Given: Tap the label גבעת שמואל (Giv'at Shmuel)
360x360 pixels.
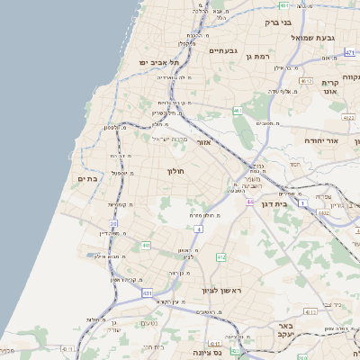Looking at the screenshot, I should pyautogui.click(x=314, y=38).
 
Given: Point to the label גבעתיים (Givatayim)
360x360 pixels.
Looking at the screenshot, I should pyautogui.click(x=222, y=50).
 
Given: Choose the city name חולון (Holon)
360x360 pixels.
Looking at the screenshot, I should pyautogui.click(x=175, y=170).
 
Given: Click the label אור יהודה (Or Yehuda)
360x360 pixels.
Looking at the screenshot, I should pyautogui.click(x=320, y=141).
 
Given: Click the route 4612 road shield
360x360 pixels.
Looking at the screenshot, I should pyautogui.click(x=307, y=81).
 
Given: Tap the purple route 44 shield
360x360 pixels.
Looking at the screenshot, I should pyautogui.click(x=249, y=202).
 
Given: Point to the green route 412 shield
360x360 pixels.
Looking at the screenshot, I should pyautogui.click(x=220, y=257).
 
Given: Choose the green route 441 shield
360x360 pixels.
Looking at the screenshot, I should pyautogui.click(x=145, y=245).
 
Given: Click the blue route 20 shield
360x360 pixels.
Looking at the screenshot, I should pyautogui.click(x=114, y=224).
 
